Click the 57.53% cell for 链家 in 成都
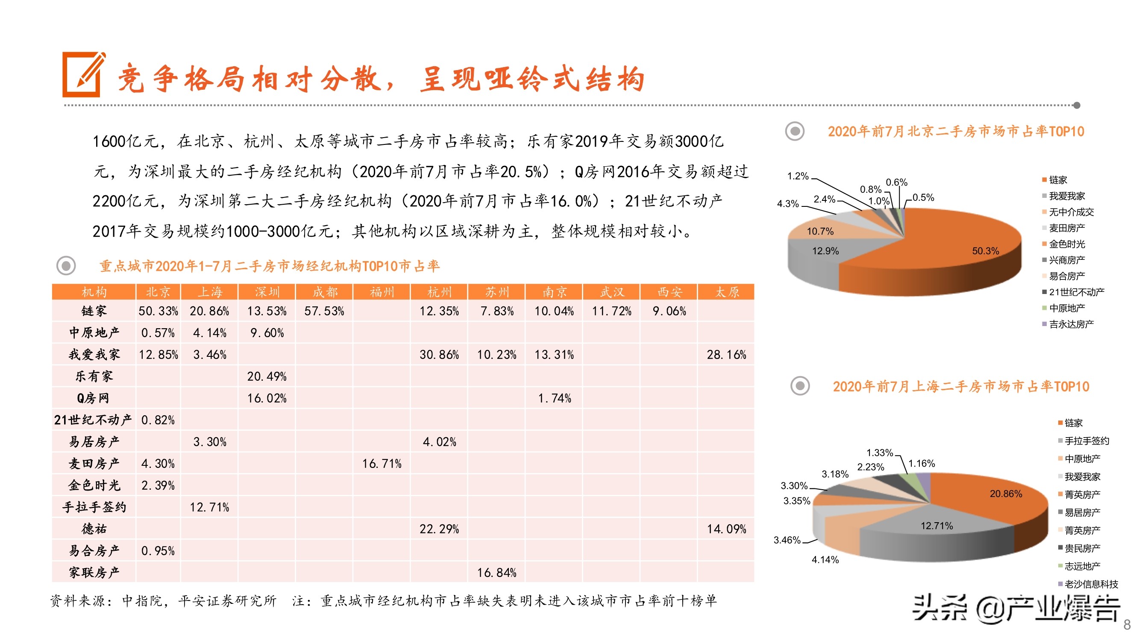coord(324,312)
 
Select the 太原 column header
coord(726,292)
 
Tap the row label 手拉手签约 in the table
coord(94,507)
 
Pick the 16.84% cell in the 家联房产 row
coord(496,573)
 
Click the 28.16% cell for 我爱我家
coord(726,355)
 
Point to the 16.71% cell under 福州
coord(382,464)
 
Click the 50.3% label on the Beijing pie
coord(985,251)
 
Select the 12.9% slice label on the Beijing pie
coord(825,251)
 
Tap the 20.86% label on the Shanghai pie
coord(1005,494)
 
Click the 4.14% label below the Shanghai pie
coord(825,560)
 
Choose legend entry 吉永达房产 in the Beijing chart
coord(1071,324)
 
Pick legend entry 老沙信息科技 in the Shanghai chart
coord(1090,584)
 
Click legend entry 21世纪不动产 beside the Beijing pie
coord(1076,292)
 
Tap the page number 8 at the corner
coord(1127,625)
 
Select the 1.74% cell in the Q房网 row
coord(554,398)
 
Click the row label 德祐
coord(94,529)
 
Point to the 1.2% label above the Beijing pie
coord(798,176)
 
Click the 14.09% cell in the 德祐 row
coord(726,529)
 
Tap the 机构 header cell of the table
coord(94,292)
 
